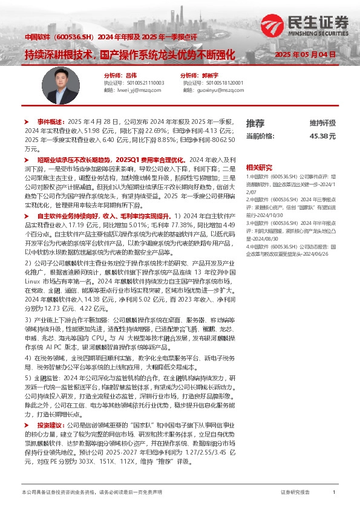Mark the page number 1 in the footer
coord(334,493)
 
